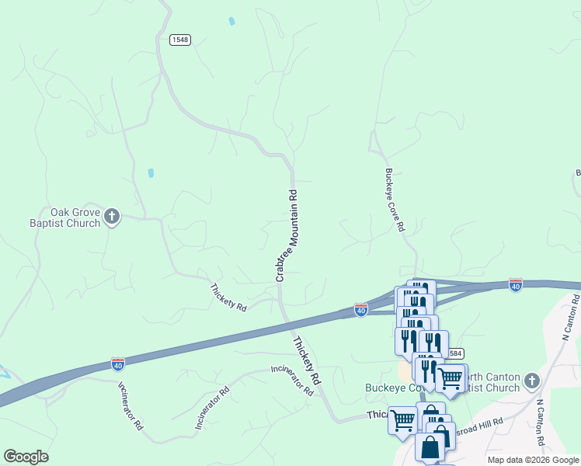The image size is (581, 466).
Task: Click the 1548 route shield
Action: click(x=179, y=39)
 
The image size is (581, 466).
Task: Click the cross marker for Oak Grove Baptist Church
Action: click(x=112, y=217)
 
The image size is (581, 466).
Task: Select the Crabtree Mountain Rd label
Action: click(x=287, y=235)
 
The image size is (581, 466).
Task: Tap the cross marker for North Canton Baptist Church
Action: click(x=531, y=381)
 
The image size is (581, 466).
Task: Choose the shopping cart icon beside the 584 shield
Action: click(x=451, y=378)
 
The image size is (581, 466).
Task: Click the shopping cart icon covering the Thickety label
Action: click(x=402, y=420)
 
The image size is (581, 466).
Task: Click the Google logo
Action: click(x=26, y=457)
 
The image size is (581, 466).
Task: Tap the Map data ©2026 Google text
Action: click(x=533, y=460)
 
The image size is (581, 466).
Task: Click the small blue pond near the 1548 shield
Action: click(x=231, y=21)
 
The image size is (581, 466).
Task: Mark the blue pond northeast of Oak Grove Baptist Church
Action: click(x=151, y=172)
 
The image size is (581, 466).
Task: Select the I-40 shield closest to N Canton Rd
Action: click(x=515, y=284)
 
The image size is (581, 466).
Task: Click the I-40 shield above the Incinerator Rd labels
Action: click(x=117, y=363)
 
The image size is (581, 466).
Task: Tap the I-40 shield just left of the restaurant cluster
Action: click(x=361, y=309)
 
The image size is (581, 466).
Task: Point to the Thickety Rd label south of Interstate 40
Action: click(x=307, y=360)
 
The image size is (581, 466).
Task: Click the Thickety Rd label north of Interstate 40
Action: click(x=228, y=297)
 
